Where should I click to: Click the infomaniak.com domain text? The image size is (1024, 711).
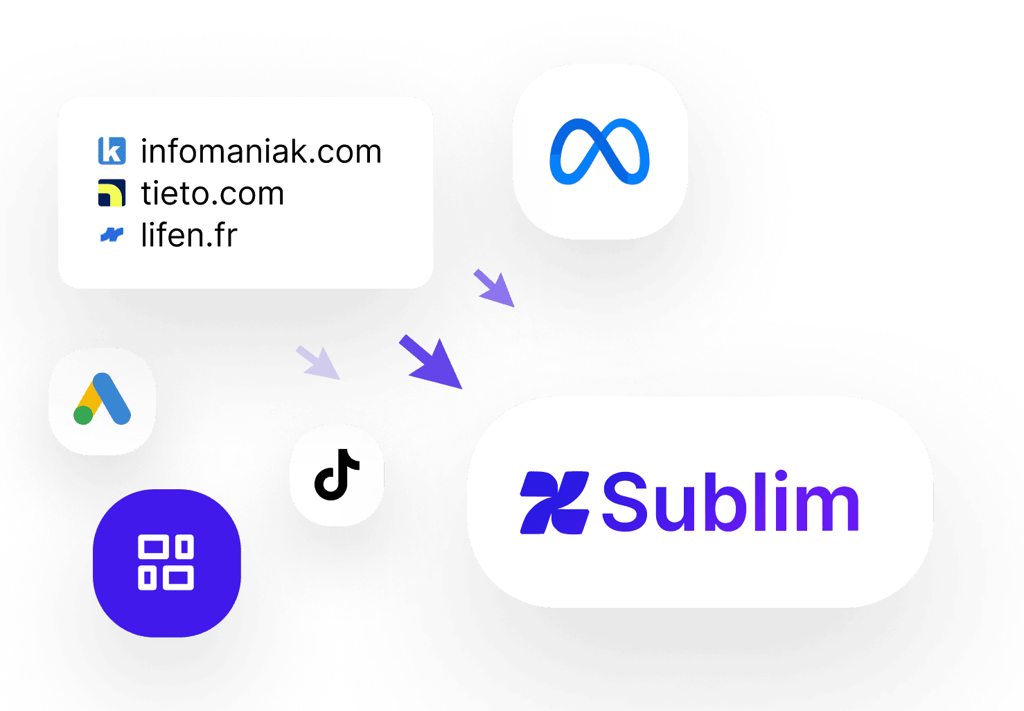coord(261,151)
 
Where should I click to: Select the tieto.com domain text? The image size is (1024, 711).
coord(213,193)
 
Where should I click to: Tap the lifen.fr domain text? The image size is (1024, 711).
coord(189,234)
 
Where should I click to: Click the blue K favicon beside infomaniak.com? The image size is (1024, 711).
coord(112,150)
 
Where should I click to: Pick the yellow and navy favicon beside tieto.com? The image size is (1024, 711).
coord(112,193)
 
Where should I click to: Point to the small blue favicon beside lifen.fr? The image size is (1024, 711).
coord(112,234)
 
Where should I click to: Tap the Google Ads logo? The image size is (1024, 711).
coord(103,398)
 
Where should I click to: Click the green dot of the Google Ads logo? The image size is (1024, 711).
coord(83,415)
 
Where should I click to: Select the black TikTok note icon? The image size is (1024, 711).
coord(337,475)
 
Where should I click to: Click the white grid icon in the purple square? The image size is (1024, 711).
coord(166,562)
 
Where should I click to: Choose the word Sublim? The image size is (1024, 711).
coord(731,501)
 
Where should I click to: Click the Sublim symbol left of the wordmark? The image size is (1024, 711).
coord(554,502)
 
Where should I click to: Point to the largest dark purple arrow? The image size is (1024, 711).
coord(431,362)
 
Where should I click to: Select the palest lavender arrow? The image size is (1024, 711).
coord(318,362)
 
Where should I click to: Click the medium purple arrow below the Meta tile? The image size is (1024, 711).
coord(494,288)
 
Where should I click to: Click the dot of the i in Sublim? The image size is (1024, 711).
coord(781,475)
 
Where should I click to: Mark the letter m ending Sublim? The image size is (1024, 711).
coord(828,508)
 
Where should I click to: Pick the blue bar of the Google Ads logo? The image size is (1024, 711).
coord(112,398)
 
